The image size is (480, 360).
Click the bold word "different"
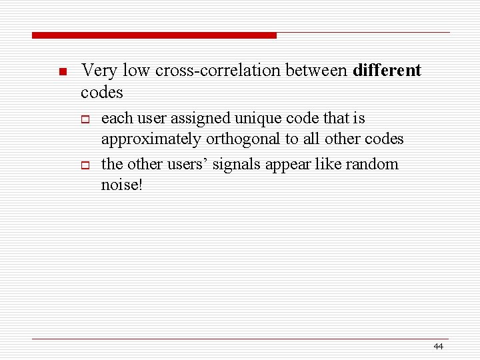(387, 70)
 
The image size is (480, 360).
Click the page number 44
(438, 346)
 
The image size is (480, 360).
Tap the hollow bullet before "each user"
(85, 120)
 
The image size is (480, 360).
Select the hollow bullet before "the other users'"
(85, 165)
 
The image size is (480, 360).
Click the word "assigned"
(199, 119)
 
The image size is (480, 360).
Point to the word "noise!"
(121, 185)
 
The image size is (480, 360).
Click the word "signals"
(249, 164)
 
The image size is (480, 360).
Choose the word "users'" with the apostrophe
(191, 164)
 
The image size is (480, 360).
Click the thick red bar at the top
(154, 35)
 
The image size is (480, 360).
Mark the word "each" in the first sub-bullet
(117, 119)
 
